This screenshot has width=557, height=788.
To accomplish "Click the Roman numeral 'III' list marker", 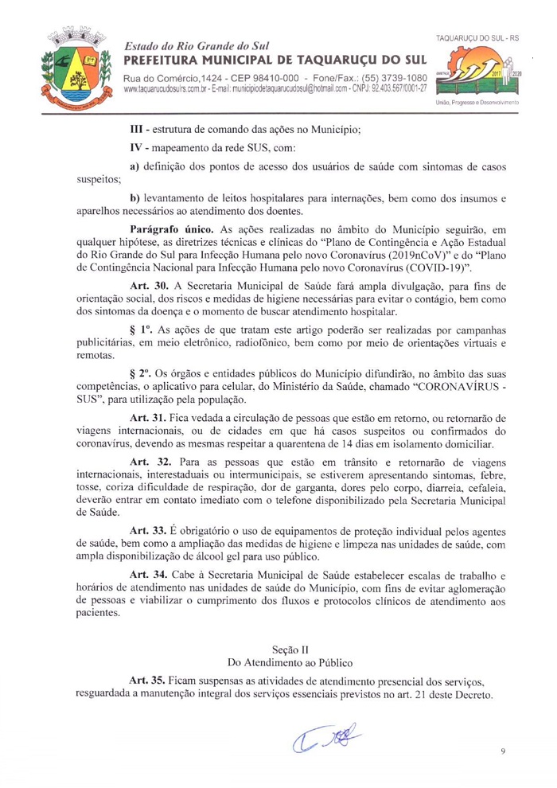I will click(137, 128).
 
